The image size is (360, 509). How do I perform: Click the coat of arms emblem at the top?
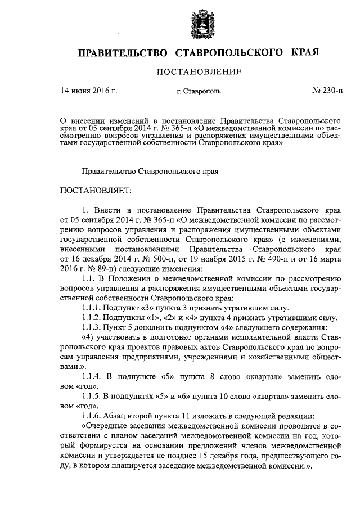point(201,23)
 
